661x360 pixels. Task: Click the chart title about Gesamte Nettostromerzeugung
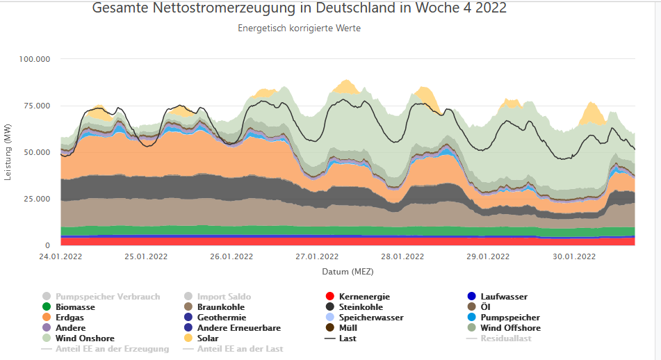point(299,8)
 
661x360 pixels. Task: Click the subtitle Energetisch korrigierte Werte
point(299,28)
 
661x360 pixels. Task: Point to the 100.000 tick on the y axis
point(35,59)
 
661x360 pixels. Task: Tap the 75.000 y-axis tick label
point(37,106)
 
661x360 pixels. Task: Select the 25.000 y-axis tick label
point(37,199)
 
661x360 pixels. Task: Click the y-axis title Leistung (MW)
point(8,152)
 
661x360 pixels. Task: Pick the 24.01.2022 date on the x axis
point(61,256)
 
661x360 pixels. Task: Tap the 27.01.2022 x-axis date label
point(317,256)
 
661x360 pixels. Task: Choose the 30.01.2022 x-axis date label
point(573,256)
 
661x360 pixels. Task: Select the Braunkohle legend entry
point(221,307)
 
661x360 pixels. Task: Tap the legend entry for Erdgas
point(71,318)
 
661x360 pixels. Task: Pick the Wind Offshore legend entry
point(510,328)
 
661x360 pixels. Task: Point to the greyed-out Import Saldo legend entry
point(224,297)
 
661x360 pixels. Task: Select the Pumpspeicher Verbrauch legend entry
point(108,297)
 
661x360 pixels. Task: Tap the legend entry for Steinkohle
point(361,307)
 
